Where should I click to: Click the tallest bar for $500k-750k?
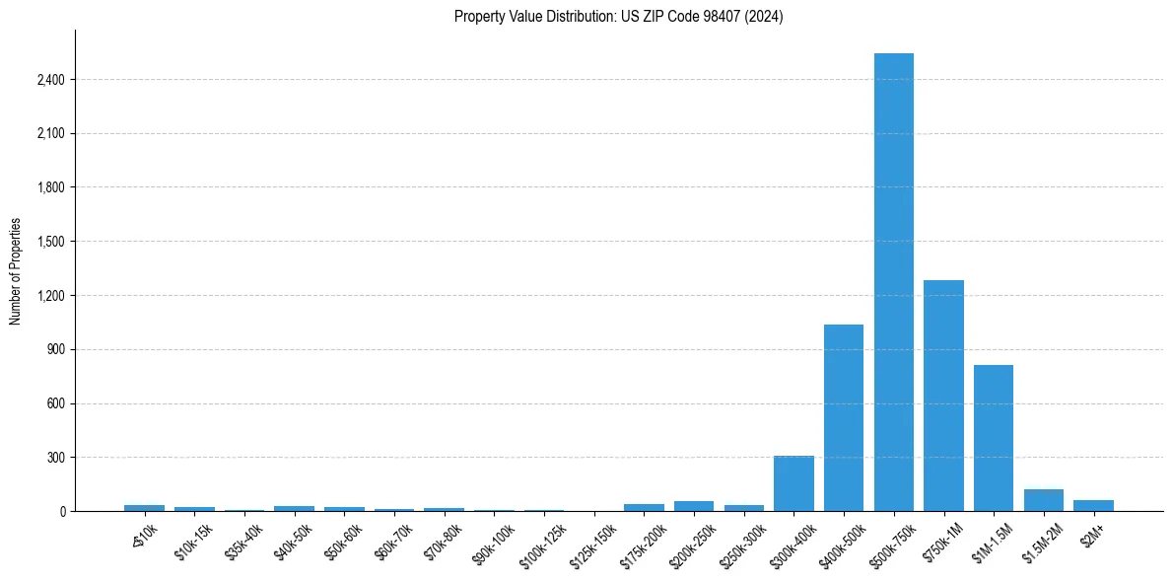[x=893, y=282]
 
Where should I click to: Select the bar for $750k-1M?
[x=943, y=396]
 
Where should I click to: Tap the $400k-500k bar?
[x=844, y=418]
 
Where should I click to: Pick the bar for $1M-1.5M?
[x=994, y=438]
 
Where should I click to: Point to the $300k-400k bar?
[x=793, y=483]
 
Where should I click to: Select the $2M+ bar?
[x=1093, y=505]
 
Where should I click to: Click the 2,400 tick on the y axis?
[x=50, y=80]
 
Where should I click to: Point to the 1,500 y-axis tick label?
[x=50, y=242]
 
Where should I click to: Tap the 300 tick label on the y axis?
[x=55, y=458]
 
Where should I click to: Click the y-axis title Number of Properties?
[x=15, y=271]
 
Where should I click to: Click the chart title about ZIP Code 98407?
[x=618, y=17]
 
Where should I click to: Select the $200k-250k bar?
[x=694, y=506]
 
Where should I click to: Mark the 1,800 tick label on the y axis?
[x=50, y=187]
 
